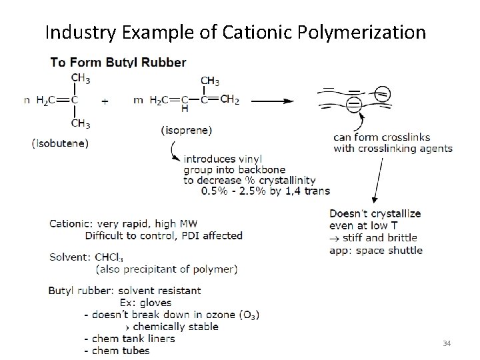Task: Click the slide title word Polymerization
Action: tap(363, 31)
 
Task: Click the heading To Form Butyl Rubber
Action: tap(119, 63)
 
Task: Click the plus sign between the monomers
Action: tap(105, 101)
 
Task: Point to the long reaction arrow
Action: tap(269, 101)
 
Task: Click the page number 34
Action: tap(447, 343)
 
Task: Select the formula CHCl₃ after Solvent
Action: tap(109, 257)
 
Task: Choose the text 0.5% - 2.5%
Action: tap(235, 191)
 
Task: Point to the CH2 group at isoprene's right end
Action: tap(229, 100)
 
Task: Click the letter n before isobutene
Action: tap(27, 101)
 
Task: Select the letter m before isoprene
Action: tap(138, 101)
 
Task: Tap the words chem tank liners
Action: tap(133, 339)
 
